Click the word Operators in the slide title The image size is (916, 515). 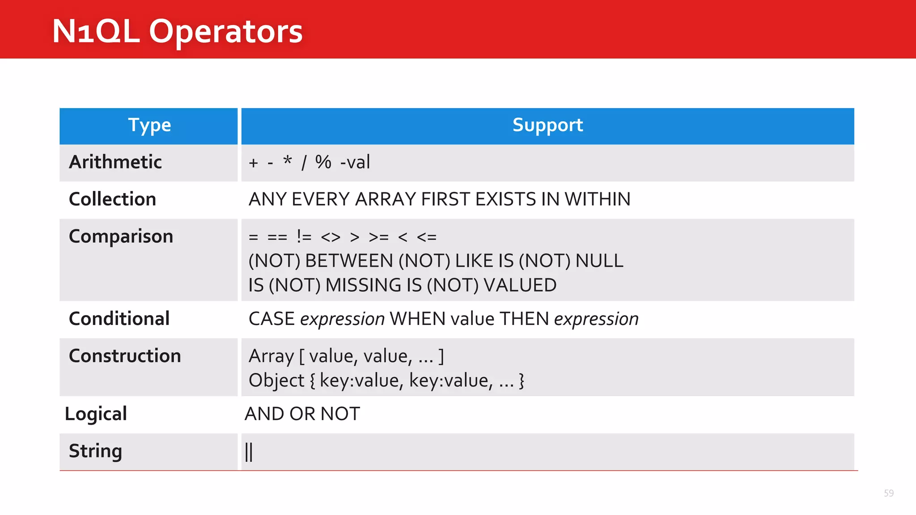coord(225,31)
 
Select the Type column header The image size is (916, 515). coord(149,125)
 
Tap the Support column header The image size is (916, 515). coord(547,125)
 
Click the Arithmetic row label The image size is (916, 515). coord(115,162)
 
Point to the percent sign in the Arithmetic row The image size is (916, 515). coord(323,162)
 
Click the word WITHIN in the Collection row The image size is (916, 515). coord(598,199)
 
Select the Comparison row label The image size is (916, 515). coord(121,236)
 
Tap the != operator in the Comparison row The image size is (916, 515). coord(304,236)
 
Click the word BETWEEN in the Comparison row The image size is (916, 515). coord(349,261)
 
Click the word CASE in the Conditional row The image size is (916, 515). coord(271,319)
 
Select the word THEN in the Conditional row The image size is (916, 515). coord(524,319)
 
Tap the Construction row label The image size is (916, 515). coord(125,356)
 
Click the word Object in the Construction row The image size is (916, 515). coord(276,381)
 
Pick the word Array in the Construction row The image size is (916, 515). coord(271,356)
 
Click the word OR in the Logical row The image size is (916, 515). coord(302,414)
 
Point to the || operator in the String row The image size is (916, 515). coord(249,452)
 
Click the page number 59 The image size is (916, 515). coord(889,493)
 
